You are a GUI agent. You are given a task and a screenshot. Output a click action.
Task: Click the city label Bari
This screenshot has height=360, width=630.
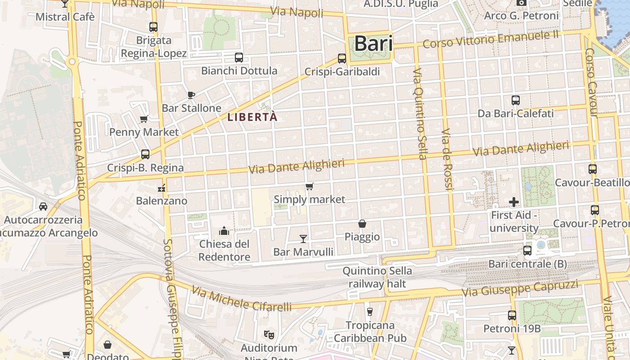(x=373, y=44)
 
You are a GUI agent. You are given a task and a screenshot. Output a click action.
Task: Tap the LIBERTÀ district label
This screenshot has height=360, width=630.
(x=252, y=117)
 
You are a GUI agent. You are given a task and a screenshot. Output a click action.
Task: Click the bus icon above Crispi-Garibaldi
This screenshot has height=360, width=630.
(x=342, y=58)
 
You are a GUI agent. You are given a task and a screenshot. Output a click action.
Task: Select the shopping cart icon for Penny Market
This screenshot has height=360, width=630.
(x=144, y=119)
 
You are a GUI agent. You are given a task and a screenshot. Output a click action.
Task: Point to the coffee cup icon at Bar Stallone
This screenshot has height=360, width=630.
(x=191, y=95)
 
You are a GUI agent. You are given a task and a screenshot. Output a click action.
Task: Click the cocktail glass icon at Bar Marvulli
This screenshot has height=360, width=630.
(x=303, y=238)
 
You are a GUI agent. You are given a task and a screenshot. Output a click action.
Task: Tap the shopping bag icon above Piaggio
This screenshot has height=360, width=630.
(x=362, y=223)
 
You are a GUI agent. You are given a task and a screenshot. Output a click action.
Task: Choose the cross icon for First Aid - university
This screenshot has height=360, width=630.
(x=514, y=202)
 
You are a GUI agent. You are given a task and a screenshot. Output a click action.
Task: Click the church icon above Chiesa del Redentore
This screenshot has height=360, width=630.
(x=224, y=231)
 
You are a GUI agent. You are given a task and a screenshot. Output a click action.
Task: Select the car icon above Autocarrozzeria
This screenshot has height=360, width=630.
(x=43, y=207)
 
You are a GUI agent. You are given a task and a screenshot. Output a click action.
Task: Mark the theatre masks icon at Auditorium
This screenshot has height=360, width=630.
(x=269, y=334)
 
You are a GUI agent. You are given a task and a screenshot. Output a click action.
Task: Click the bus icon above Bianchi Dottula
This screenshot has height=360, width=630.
(x=239, y=58)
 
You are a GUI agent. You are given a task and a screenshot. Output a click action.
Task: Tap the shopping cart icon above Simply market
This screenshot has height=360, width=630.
(x=309, y=186)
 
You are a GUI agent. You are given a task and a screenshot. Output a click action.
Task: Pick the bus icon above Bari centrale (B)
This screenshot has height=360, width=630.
(x=527, y=250)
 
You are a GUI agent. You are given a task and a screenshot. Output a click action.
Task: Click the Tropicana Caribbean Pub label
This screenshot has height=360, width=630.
(x=370, y=331)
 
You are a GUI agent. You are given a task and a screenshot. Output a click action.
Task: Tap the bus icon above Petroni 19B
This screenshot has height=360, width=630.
(x=512, y=315)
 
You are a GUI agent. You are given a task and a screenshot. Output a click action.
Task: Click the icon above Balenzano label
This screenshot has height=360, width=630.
(x=162, y=188)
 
